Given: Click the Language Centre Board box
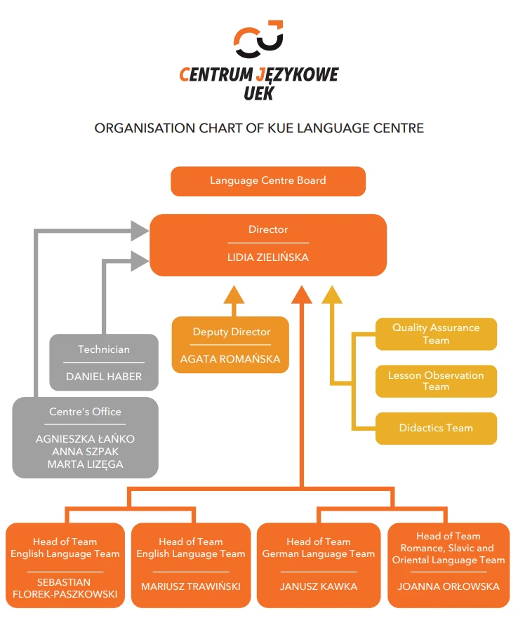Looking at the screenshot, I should (268, 181).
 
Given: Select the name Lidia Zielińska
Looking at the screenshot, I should (268, 257).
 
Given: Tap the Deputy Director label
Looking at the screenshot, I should (231, 332).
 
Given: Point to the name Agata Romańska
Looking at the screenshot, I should (230, 359).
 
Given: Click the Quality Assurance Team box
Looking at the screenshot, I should (436, 334).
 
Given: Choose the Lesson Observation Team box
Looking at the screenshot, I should (436, 381).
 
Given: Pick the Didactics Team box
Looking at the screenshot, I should (436, 428).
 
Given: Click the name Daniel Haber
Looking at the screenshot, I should (104, 377).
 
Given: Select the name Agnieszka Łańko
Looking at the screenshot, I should (85, 439).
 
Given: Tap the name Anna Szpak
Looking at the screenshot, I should (85, 452).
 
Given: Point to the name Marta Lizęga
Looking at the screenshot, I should (85, 464).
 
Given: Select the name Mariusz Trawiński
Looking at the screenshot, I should (191, 586).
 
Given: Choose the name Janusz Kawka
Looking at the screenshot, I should (319, 586).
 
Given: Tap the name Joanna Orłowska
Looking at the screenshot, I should (449, 586).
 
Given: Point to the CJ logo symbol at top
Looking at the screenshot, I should (258, 39).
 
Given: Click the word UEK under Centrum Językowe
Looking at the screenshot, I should (258, 93).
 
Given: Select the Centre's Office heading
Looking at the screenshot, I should (85, 412).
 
